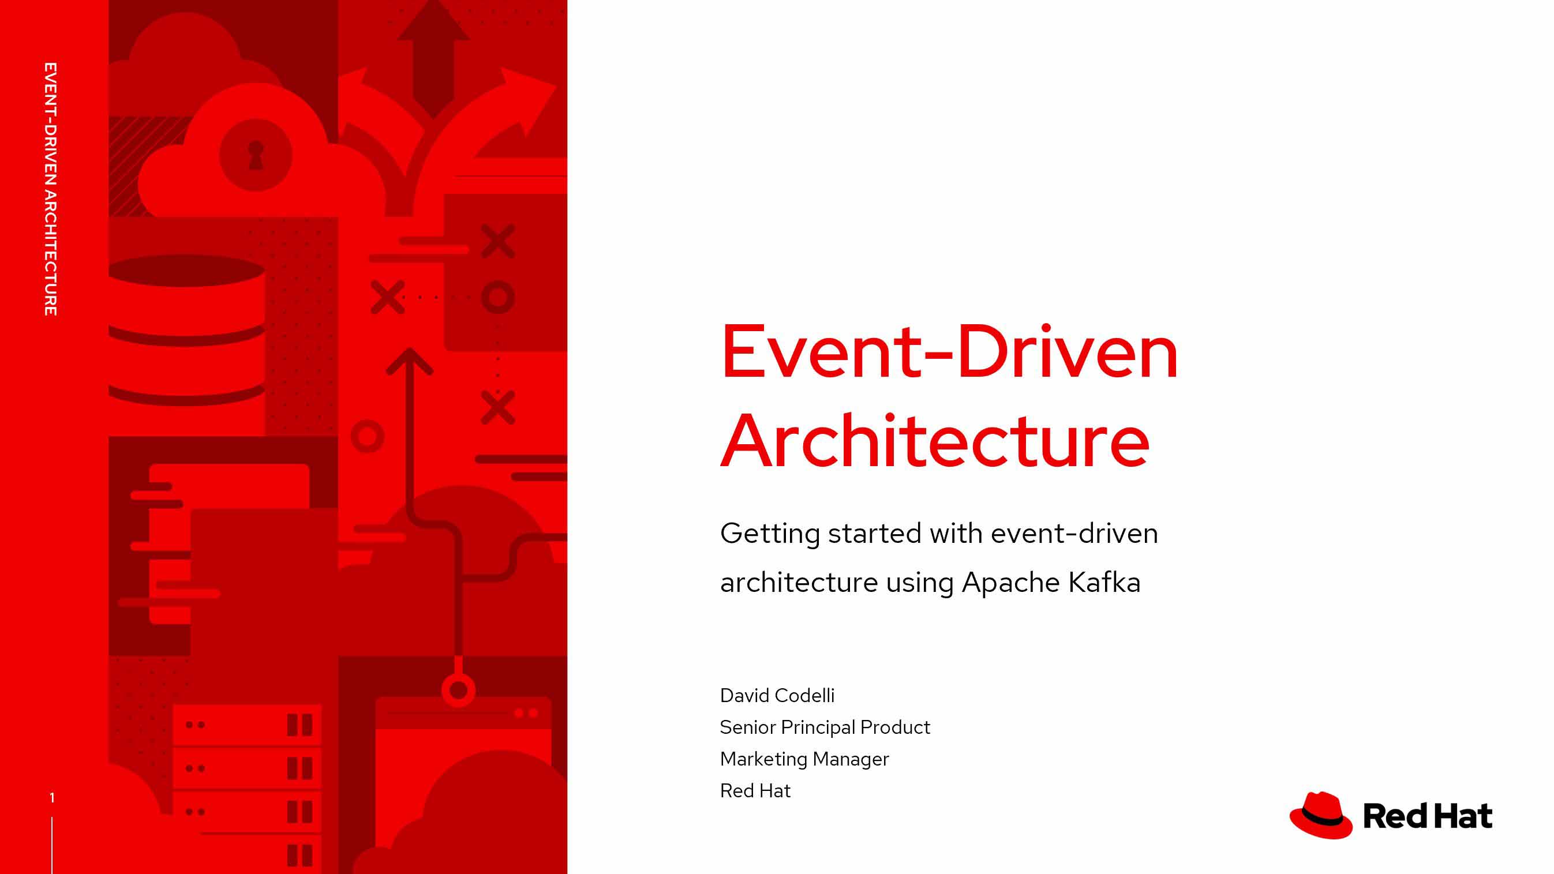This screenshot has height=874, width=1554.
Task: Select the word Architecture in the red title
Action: (935, 440)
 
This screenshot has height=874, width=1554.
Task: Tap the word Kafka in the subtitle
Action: (1104, 583)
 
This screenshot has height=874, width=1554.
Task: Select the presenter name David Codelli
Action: (777, 696)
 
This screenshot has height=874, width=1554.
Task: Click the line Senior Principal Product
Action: (825, 727)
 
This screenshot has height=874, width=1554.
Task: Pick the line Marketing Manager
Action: (804, 759)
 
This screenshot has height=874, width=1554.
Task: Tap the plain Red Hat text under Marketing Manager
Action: (755, 791)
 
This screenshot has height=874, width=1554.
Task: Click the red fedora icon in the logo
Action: (1320, 816)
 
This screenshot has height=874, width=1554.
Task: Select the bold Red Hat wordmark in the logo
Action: (1427, 817)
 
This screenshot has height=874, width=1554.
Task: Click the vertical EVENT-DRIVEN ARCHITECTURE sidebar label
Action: (51, 189)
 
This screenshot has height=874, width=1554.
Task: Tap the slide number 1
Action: (52, 798)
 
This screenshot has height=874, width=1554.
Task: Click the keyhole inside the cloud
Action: (256, 155)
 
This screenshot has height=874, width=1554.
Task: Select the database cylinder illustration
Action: (186, 330)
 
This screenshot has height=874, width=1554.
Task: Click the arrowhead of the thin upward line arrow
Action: (410, 361)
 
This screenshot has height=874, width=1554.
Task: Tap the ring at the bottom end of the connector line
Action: (459, 689)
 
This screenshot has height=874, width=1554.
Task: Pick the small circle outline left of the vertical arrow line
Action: (368, 437)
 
